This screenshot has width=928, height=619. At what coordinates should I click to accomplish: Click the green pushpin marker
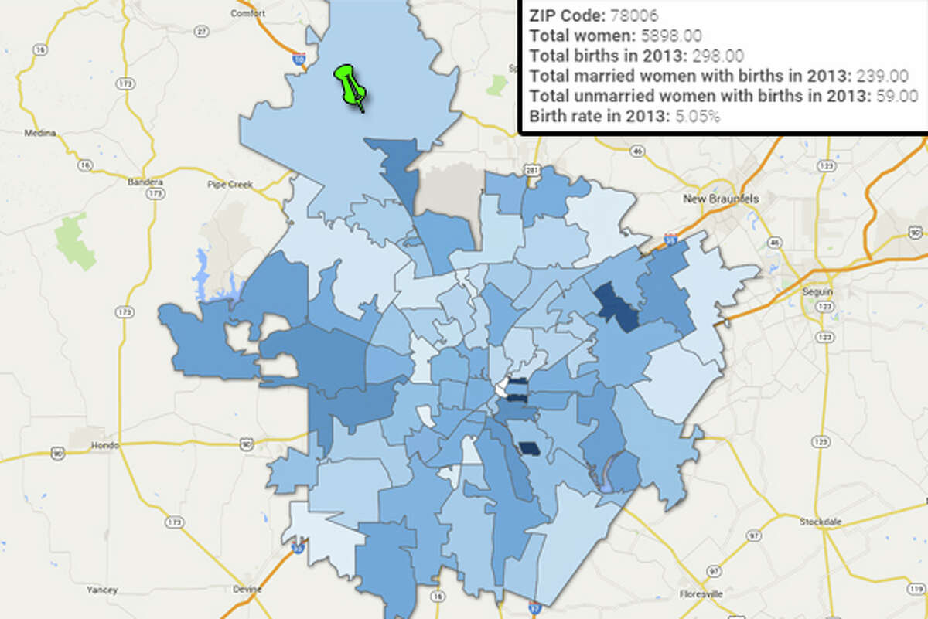coord(350,85)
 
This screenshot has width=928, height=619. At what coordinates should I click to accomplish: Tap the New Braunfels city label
coord(721,199)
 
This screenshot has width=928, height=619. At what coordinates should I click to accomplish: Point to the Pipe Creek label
coord(227,184)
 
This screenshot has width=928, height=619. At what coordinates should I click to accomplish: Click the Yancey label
coord(102,590)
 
